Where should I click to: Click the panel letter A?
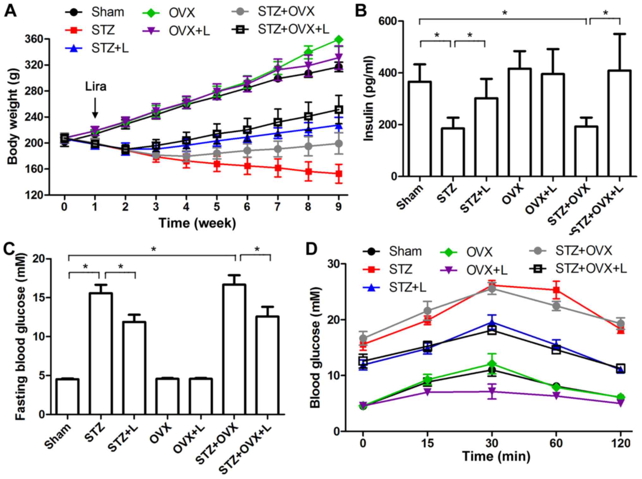tap(11, 12)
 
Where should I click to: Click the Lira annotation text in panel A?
tap(95, 86)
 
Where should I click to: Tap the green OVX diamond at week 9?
tap(339, 40)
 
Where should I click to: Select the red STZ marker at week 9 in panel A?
tap(339, 173)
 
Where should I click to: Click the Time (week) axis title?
tap(197, 223)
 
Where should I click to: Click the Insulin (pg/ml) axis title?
tap(369, 98)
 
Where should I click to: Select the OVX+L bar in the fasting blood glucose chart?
tap(201, 396)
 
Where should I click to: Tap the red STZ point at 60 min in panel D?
tap(556, 290)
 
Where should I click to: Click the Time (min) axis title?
tap(496, 456)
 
